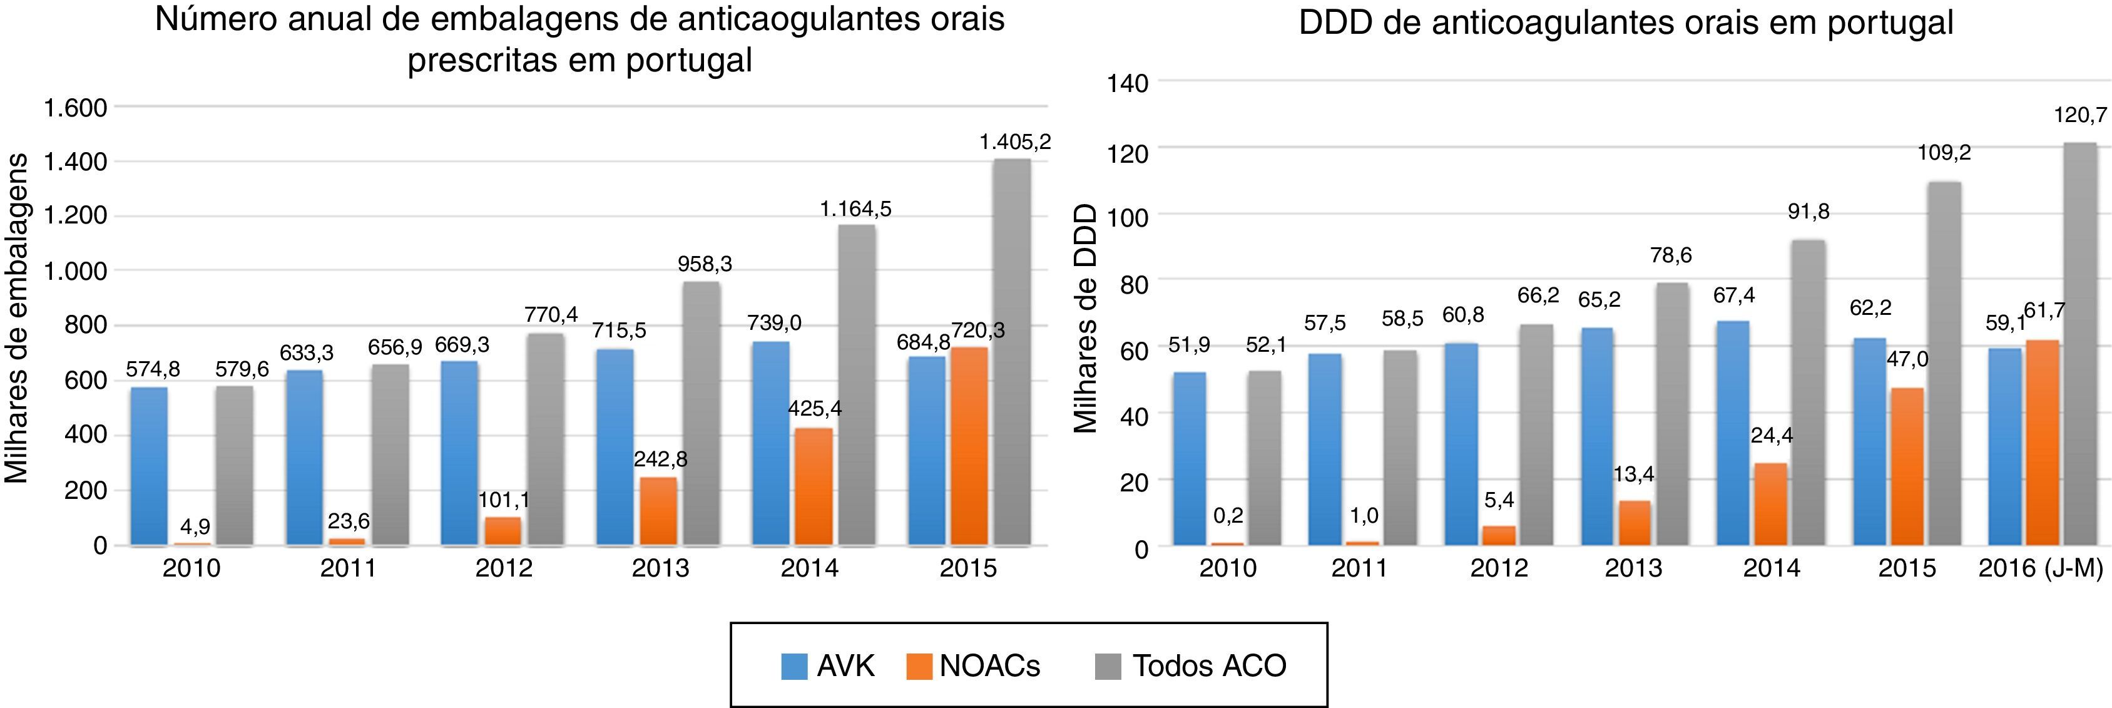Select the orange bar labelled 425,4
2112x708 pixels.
point(814,486)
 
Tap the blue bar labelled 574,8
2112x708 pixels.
point(149,466)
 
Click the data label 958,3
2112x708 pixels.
point(704,264)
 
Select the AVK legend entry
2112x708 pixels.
point(828,665)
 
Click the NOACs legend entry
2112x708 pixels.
point(973,665)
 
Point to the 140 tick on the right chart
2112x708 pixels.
point(1129,82)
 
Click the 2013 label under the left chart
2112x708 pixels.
point(660,568)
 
